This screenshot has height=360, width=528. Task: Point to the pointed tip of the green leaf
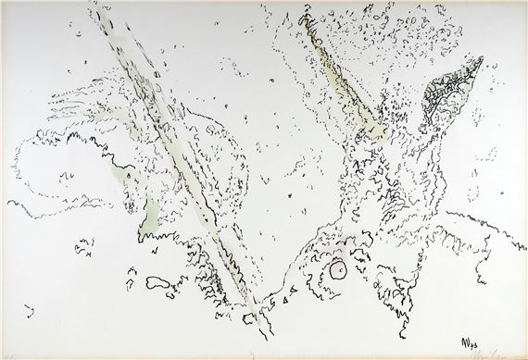(x=481, y=61)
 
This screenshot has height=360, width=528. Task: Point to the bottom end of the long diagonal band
(x=245, y=302)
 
